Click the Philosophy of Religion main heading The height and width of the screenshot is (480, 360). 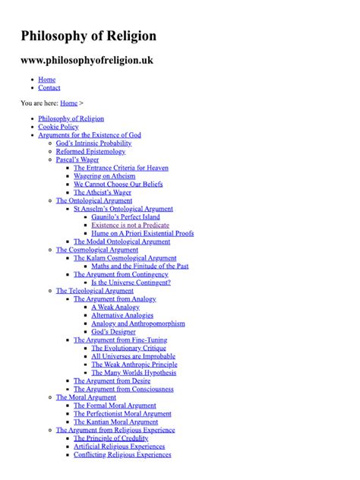pyautogui.click(x=88, y=36)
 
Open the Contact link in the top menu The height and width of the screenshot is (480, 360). pyautogui.click(x=49, y=88)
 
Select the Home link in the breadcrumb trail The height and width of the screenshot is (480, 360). pyautogui.click(x=68, y=103)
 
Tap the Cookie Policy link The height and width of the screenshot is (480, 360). pyautogui.click(x=58, y=127)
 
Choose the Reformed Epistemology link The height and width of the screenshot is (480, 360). pyautogui.click(x=90, y=151)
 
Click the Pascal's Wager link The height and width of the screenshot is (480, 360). pyautogui.click(x=77, y=159)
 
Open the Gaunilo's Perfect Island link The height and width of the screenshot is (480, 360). pyautogui.click(x=125, y=216)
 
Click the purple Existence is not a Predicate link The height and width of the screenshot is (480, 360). pyautogui.click(x=130, y=225)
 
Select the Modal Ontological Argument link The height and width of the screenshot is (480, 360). pyautogui.click(x=122, y=242)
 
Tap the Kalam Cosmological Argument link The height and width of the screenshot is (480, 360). pyautogui.click(x=125, y=258)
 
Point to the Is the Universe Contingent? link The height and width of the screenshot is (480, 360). pyautogui.click(x=131, y=283)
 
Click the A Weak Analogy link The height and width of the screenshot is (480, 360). pyautogui.click(x=115, y=307)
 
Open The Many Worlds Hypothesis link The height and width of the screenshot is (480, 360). pyautogui.click(x=134, y=373)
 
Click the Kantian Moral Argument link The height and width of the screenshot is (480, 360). pyautogui.click(x=115, y=422)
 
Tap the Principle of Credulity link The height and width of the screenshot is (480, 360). pyautogui.click(x=110, y=438)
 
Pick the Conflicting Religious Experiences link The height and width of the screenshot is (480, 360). pyautogui.click(x=122, y=455)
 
